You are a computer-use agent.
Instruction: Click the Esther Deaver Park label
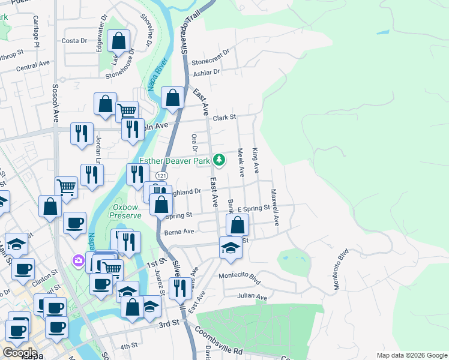pyautogui.click(x=175, y=161)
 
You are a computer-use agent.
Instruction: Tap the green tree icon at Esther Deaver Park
pyautogui.click(x=220, y=160)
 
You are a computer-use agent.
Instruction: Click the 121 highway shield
pyautogui.click(x=160, y=175)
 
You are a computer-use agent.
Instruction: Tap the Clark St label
pyautogui.click(x=224, y=118)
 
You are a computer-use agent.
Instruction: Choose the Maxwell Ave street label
pyautogui.click(x=276, y=208)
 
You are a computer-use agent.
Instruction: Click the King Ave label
pyautogui.click(x=256, y=160)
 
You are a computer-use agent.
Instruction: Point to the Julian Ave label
pyautogui.click(x=252, y=296)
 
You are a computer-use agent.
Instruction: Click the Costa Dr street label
pyautogui.click(x=74, y=41)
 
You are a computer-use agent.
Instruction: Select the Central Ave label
pyautogui.click(x=33, y=65)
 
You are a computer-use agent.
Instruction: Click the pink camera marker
pyautogui.click(x=79, y=260)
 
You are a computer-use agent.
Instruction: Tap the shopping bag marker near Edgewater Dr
pyautogui.click(x=119, y=42)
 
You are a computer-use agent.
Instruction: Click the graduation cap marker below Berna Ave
pyautogui.click(x=230, y=248)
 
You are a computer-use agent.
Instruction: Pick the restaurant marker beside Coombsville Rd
pyautogui.click(x=179, y=289)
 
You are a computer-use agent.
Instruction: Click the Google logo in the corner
pyautogui.click(x=20, y=353)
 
